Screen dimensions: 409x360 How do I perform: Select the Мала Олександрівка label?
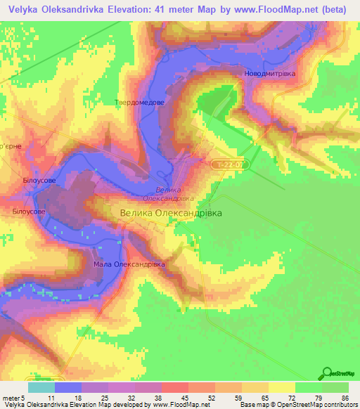tap(129, 264)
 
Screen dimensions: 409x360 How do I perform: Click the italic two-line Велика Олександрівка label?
tap(169, 194)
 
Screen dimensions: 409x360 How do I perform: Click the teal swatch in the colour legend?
tap(41, 387)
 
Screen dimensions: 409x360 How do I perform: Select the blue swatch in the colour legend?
tap(67, 387)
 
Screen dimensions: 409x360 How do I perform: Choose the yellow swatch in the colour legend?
tap(282, 387)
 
